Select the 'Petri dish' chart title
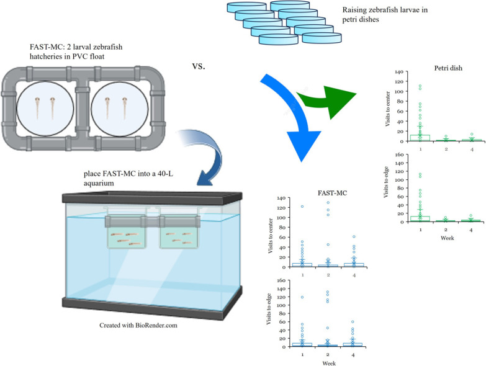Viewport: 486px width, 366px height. pos(448,68)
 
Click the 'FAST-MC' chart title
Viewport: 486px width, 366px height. pos(332,193)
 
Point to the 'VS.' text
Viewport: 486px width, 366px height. pos(199,66)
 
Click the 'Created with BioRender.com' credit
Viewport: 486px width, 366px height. pos(138,326)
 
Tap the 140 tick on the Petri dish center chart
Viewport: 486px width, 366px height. pos(399,72)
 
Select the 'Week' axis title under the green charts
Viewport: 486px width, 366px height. pos(448,238)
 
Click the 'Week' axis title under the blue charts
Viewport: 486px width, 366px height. pos(329,364)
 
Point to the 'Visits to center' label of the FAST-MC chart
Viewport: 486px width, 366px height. pos(270,236)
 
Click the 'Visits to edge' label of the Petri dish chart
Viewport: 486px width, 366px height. pos(386,182)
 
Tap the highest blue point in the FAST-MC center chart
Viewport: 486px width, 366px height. pos(328,203)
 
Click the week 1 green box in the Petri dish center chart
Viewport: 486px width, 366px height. pos(420,138)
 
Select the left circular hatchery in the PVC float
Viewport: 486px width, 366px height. pos(45,109)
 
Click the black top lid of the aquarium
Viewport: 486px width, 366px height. pos(152,197)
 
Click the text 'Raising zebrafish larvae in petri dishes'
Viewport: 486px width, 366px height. pos(385,14)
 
